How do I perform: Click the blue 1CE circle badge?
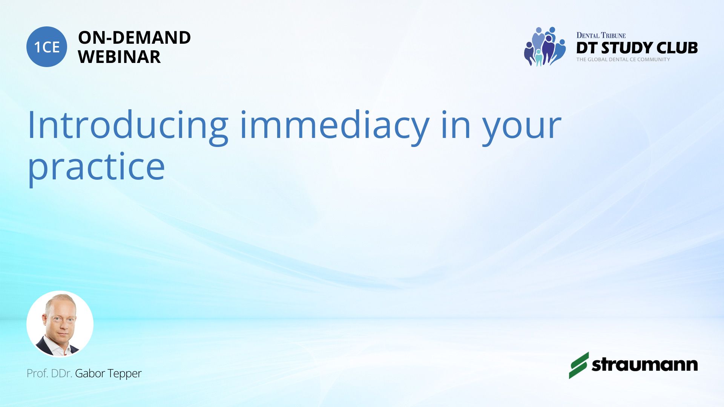click(x=47, y=47)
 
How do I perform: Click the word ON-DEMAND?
click(x=134, y=37)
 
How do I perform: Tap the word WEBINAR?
click(x=119, y=57)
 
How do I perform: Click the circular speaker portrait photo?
click(x=60, y=324)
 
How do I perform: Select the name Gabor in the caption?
click(x=90, y=373)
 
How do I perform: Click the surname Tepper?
click(x=124, y=374)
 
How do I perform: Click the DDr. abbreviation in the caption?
click(x=61, y=373)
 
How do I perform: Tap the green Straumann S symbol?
click(x=579, y=365)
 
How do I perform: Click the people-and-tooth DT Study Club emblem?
click(x=545, y=46)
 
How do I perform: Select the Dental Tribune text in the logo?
click(x=601, y=35)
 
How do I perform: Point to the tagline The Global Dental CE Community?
click(x=623, y=60)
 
